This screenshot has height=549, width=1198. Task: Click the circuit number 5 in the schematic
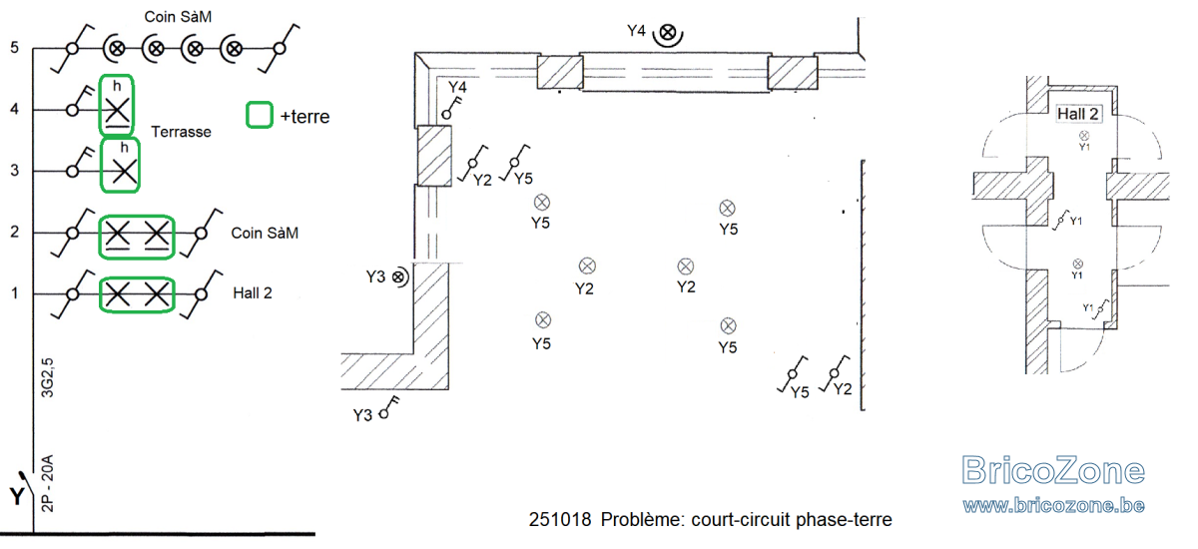[14, 48]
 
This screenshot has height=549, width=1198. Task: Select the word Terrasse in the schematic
[181, 132]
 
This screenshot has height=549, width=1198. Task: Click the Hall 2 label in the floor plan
[1077, 114]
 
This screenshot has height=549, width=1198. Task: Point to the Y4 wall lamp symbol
[668, 34]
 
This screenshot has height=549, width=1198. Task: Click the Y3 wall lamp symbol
[400, 276]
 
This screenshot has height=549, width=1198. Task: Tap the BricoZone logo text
[1052, 470]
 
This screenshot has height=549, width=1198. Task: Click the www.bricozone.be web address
[1053, 505]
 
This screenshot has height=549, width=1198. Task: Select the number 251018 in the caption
[560, 519]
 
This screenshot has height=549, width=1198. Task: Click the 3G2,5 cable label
[48, 378]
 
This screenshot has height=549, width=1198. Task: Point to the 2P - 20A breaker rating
[48, 483]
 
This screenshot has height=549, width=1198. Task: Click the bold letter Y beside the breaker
[17, 497]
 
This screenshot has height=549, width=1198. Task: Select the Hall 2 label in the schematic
[253, 292]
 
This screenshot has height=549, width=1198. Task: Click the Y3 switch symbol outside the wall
[389, 408]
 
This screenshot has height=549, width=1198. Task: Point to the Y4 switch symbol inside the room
[452, 107]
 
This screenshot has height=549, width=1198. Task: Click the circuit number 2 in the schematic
[14, 232]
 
